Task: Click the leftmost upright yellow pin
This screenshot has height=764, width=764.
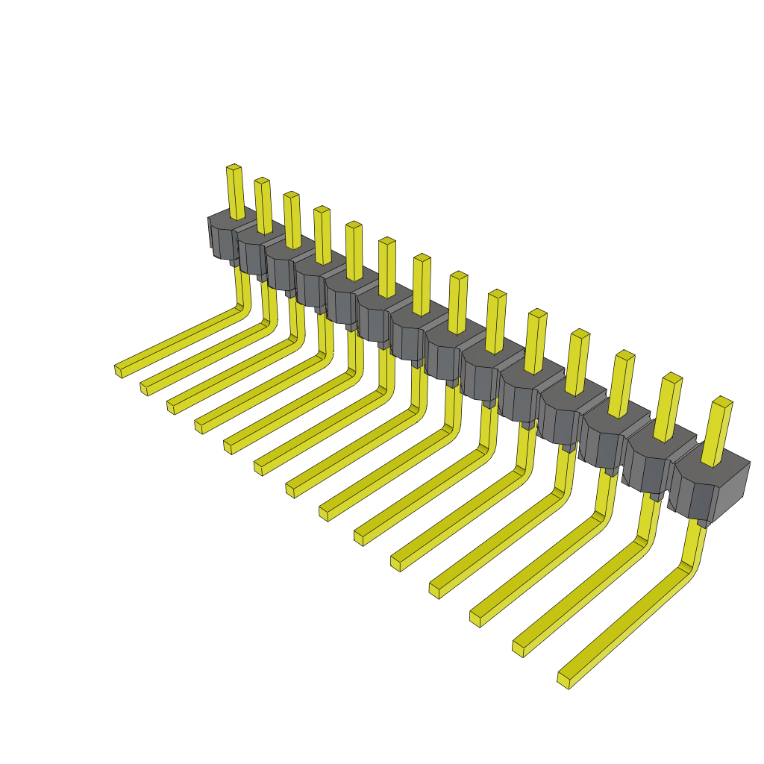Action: tap(236, 192)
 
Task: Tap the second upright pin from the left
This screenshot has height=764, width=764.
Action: tap(263, 206)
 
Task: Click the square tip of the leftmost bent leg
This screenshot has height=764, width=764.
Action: tap(118, 371)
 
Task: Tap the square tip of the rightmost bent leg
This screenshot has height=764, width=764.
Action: tap(563, 680)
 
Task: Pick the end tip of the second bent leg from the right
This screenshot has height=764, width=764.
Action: tap(518, 648)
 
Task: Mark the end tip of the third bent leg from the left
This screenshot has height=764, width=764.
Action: tap(171, 407)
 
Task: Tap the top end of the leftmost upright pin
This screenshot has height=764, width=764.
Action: tap(234, 167)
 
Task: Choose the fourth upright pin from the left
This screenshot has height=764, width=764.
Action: tap(323, 236)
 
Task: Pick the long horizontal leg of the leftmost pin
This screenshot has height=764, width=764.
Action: tap(179, 340)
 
